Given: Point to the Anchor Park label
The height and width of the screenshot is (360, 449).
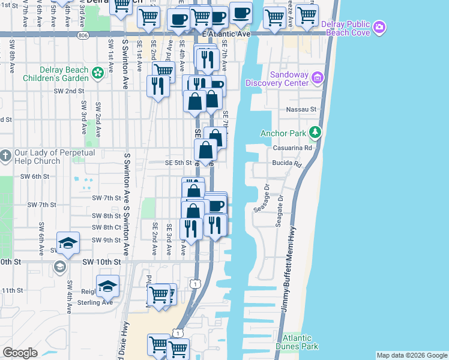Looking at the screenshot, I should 283,133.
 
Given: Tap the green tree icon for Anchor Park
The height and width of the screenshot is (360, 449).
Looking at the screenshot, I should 314,133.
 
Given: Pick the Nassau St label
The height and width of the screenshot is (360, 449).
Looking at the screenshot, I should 304,110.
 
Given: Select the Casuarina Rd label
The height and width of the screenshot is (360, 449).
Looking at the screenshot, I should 292,148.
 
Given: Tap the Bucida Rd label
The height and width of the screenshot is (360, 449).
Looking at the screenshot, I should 289,163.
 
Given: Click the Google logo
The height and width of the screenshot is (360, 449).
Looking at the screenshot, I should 20,353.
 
